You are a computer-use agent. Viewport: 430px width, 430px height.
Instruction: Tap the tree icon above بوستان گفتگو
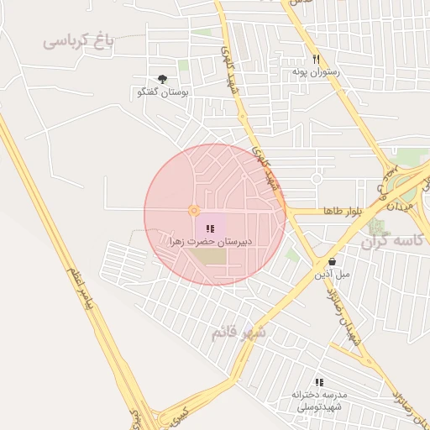click(x=162, y=78)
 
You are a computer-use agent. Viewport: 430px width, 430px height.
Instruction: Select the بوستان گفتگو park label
click(x=163, y=92)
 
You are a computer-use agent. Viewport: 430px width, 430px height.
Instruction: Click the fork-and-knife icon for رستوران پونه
click(x=317, y=60)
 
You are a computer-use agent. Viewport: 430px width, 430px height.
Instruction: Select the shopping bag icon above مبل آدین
click(x=333, y=261)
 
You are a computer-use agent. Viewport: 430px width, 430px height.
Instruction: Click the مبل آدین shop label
click(x=333, y=275)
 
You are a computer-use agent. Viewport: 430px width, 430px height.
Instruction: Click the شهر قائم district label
click(x=238, y=332)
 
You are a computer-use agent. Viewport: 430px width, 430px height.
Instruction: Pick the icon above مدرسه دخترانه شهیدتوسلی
click(x=319, y=381)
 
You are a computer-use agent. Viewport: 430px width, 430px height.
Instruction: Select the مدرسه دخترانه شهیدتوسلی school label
click(x=320, y=401)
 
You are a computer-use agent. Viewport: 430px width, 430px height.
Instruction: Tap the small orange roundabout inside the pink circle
click(x=194, y=210)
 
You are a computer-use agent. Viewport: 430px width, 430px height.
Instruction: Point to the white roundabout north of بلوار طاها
click(x=317, y=178)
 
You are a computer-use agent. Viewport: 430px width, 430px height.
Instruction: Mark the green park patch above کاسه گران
click(x=412, y=157)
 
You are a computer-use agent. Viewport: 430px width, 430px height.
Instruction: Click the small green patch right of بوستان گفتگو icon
click(x=183, y=66)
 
